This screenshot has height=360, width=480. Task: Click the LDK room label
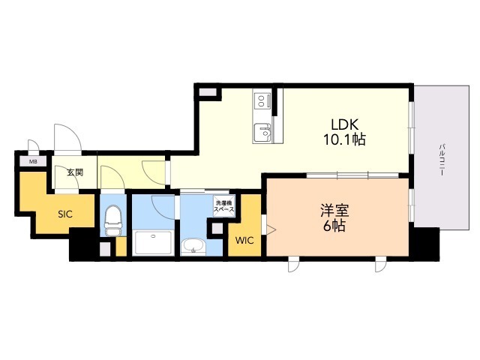pos(344,124)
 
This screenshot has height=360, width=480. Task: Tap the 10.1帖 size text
pos(344,139)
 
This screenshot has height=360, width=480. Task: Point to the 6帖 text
pos(334,226)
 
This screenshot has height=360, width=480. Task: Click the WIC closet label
pos(244,241)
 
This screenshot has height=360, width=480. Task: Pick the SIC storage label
pos(65,214)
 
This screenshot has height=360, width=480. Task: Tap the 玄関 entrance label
pos(75,172)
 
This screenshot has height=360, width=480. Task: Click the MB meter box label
pos(33,162)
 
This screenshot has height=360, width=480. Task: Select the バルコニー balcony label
pos(442,160)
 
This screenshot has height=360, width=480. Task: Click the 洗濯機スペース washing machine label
pos(224,206)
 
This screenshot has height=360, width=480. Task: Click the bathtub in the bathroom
pos(153,242)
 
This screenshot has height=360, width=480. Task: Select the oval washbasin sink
pos(192,247)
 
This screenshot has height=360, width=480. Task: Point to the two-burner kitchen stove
pos(262,100)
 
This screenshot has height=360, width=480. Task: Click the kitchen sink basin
pos(262,132)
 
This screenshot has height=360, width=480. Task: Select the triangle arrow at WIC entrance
pos(271,229)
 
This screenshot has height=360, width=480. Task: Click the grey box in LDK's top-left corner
pos(208,91)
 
